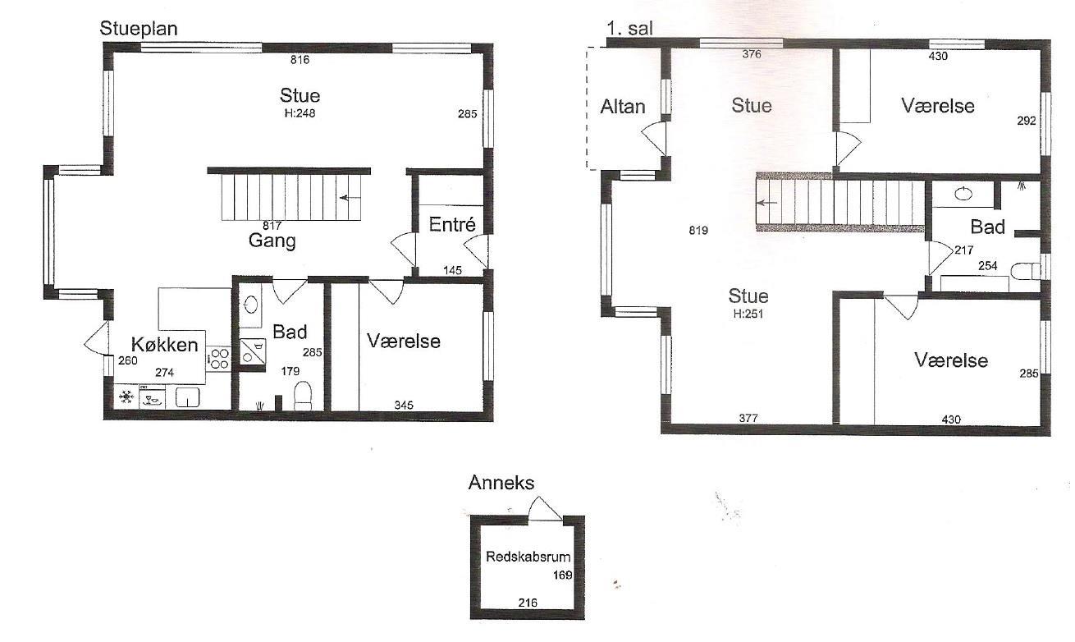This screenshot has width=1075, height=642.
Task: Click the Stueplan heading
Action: [x=138, y=29]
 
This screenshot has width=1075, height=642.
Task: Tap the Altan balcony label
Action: [x=623, y=107]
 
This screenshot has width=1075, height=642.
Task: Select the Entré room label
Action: [x=452, y=224]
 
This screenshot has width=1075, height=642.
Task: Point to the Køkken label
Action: [x=165, y=344]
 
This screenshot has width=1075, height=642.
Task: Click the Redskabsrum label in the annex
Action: [x=528, y=557]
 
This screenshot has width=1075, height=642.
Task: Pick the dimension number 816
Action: [x=300, y=60]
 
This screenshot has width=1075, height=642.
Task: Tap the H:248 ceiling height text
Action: [x=300, y=113]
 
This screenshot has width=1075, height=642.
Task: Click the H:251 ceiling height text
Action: [x=748, y=314]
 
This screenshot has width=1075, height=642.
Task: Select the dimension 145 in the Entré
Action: [x=452, y=270]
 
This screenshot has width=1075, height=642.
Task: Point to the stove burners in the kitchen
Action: [x=219, y=359]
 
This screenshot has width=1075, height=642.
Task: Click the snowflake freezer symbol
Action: [x=126, y=397]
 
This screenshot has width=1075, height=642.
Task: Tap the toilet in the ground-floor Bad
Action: [x=303, y=396]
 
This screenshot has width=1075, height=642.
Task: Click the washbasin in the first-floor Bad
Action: [x=963, y=194]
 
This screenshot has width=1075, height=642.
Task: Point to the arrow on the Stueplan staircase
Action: [x=350, y=197]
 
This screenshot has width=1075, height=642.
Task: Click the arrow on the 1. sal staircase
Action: [x=767, y=203]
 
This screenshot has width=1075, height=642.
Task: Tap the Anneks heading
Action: [x=501, y=483]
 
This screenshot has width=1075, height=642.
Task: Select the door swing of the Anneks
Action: [x=545, y=507]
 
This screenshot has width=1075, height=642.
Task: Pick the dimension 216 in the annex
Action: [x=528, y=603]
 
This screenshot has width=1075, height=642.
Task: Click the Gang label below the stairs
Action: [x=272, y=241]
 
